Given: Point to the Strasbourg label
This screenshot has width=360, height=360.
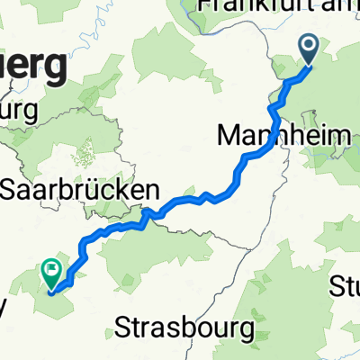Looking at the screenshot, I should [185, 328].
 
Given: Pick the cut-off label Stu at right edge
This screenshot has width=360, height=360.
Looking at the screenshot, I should [345, 290].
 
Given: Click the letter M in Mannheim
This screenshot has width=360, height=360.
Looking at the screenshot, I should [230, 137].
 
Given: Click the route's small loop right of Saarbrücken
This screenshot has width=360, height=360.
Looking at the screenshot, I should [148, 213].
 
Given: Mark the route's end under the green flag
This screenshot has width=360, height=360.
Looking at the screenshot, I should [50, 291].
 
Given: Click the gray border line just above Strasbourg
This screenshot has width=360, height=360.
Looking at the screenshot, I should [193, 301].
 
